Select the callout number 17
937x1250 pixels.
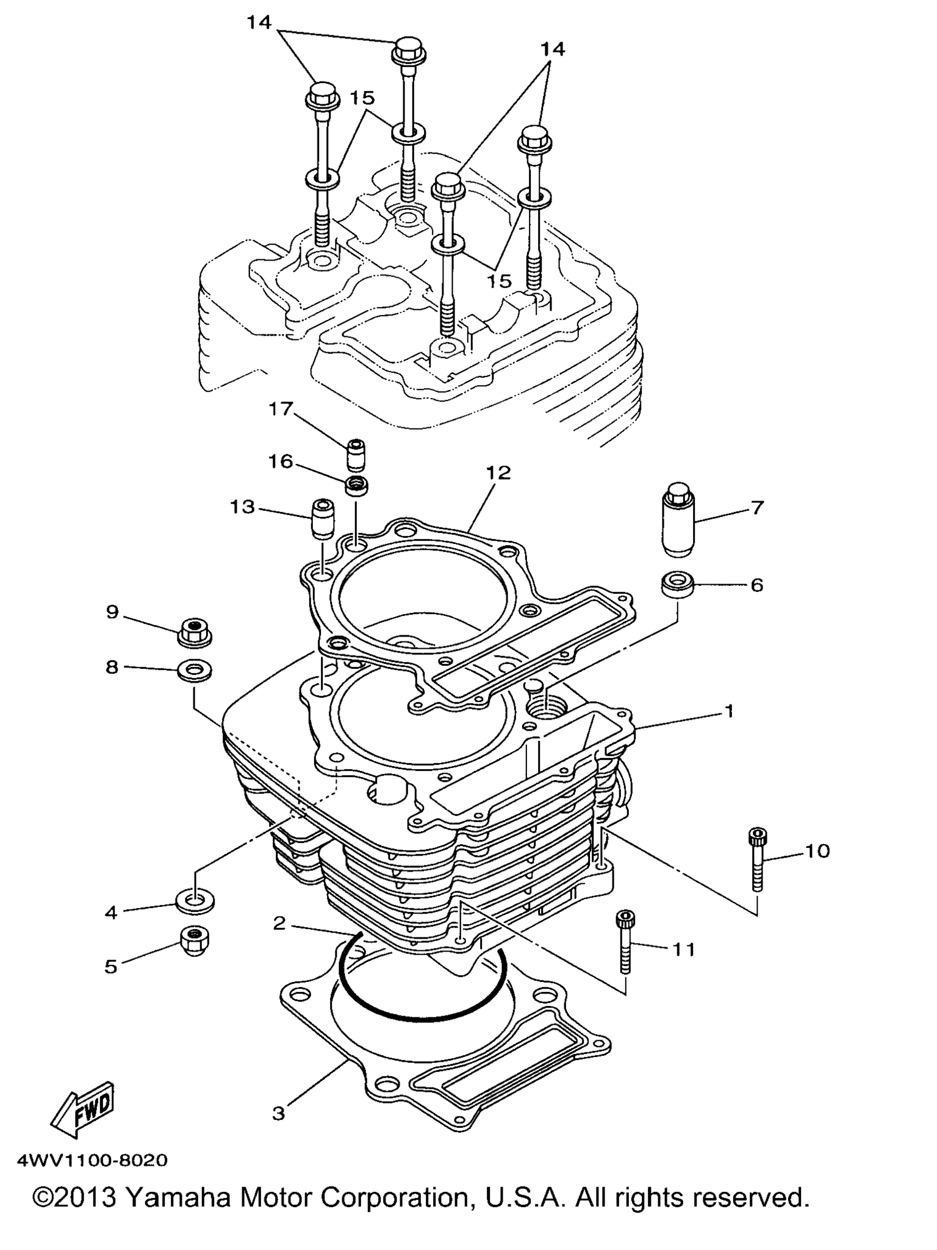(x=281, y=408)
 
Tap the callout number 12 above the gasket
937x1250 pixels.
(x=498, y=472)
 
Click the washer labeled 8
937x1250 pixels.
(x=195, y=670)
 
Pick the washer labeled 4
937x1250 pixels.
(x=195, y=901)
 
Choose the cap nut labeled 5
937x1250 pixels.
(x=195, y=941)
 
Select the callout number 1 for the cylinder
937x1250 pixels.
(x=728, y=711)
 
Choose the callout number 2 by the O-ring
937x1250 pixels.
(x=279, y=923)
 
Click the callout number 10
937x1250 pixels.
(x=817, y=851)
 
